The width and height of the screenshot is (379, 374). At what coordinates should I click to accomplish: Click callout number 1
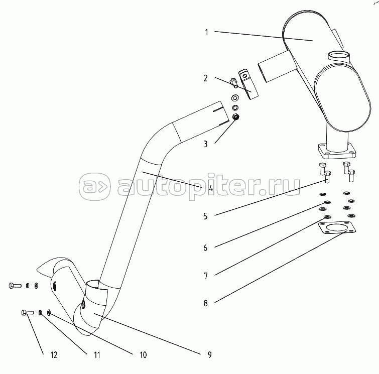[206, 32]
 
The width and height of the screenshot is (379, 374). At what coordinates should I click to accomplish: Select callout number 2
[206, 78]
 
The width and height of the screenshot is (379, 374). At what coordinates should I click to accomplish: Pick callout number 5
[206, 216]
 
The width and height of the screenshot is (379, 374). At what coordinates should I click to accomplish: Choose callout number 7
[206, 275]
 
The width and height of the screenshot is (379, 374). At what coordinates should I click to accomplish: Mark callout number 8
[206, 303]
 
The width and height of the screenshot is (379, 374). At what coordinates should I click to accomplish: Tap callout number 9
[209, 354]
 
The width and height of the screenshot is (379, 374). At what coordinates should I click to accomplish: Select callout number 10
[143, 354]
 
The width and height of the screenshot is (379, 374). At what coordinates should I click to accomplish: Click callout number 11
[97, 354]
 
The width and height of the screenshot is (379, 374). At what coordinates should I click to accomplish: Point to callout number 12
[54, 354]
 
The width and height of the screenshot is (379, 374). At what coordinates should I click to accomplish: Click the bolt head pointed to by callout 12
[24, 313]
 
